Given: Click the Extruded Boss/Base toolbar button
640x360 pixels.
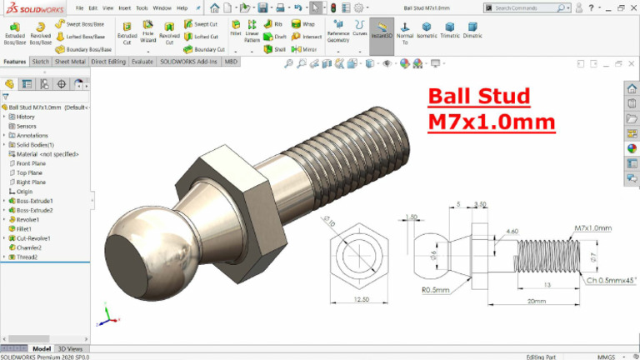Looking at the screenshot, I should [x=15, y=32].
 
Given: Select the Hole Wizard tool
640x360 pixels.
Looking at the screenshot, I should [x=147, y=32].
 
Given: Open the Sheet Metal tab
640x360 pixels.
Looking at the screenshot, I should [x=69, y=62].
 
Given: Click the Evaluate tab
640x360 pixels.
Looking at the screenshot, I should [x=142, y=62].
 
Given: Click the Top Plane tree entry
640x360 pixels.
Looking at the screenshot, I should [x=31, y=172].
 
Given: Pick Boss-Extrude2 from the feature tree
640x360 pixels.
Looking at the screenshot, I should [x=35, y=210].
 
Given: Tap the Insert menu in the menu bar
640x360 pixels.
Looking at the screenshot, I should [x=124, y=7].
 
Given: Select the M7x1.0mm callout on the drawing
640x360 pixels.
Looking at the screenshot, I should [x=592, y=227].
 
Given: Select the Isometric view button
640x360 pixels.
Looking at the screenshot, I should [x=427, y=32].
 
